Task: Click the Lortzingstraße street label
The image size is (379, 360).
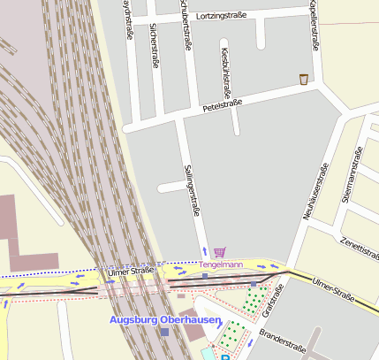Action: (x=233, y=16)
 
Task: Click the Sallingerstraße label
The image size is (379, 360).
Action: (x=191, y=189)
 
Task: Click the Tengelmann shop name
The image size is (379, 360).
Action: (x=221, y=264)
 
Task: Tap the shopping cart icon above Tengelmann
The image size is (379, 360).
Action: (x=219, y=252)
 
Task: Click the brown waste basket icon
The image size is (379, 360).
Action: (x=303, y=79)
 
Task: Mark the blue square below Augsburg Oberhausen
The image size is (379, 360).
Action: (x=164, y=332)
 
